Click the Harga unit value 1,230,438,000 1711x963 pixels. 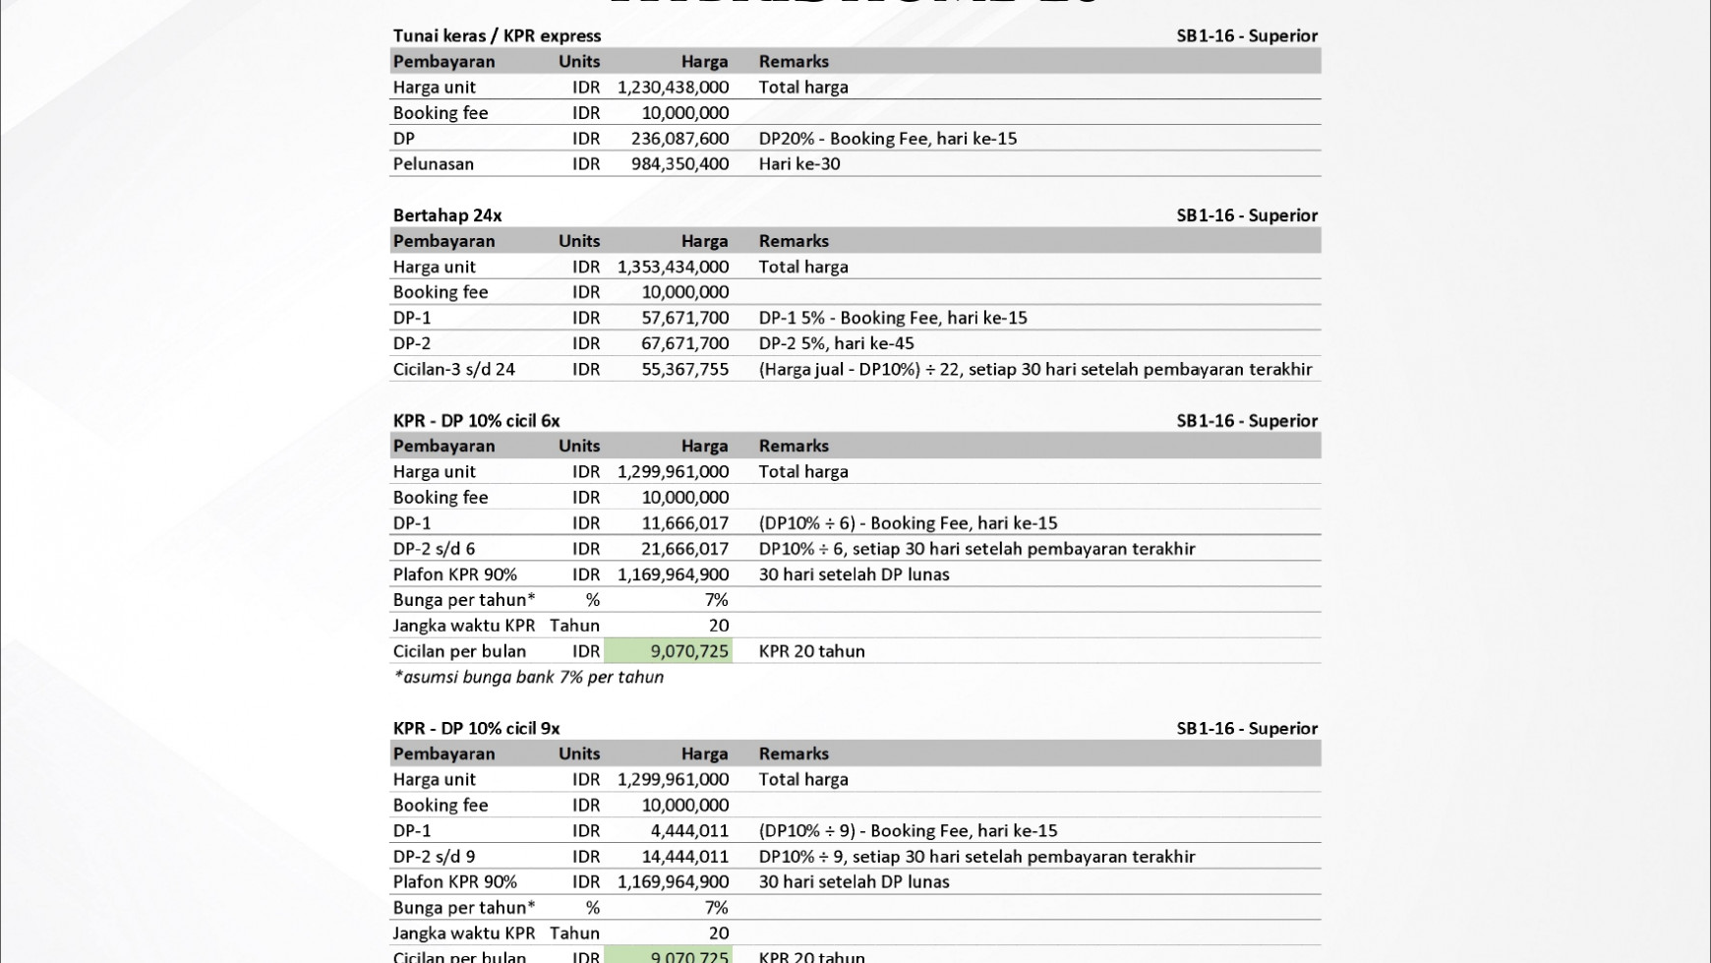673,87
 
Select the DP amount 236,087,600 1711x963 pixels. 679,139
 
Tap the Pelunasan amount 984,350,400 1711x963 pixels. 679,164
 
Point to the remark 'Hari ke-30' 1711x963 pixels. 798,164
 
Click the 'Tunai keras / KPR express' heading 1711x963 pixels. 497,35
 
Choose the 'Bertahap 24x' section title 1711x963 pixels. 447,215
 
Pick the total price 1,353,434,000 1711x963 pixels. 673,267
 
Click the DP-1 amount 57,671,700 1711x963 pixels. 684,318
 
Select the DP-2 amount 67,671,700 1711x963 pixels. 684,343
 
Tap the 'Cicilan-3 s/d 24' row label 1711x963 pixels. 453,369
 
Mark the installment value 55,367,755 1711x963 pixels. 684,369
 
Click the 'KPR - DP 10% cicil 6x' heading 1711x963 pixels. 476,421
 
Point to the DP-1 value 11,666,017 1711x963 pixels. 684,523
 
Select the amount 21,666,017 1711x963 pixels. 684,549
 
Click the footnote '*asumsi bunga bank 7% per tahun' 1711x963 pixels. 528,677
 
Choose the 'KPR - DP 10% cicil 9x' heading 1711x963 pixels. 476,729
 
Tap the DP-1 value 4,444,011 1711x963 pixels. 689,831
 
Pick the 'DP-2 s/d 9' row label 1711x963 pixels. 434,857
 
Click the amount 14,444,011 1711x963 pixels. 684,857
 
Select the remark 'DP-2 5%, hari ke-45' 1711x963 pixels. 836,343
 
